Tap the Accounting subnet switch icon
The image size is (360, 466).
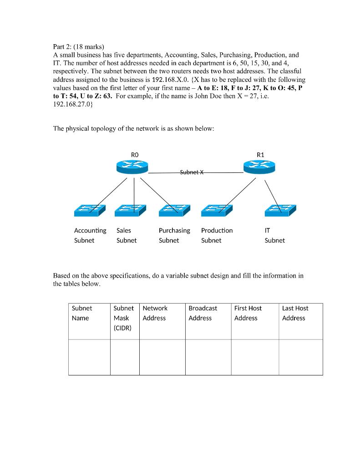point(90,210)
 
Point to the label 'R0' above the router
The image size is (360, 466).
point(134,155)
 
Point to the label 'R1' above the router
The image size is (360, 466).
point(260,155)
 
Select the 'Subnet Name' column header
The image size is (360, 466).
point(82,313)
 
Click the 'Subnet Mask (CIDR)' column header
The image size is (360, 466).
point(123,318)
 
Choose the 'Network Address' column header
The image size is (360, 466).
point(155,313)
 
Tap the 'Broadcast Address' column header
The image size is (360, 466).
point(203,313)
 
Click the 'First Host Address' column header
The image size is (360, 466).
point(248,313)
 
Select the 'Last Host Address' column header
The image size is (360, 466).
point(295,313)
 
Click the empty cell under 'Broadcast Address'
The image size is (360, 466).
point(208,357)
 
